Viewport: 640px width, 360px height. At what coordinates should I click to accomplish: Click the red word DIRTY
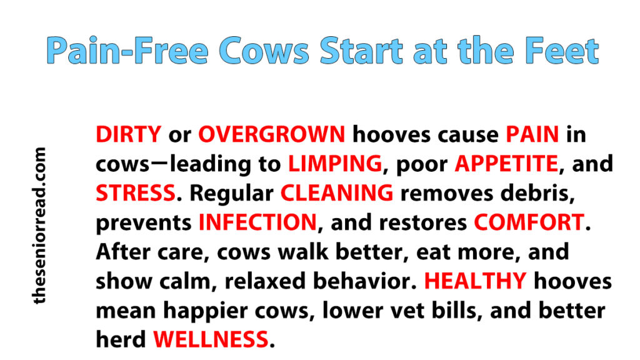(x=129, y=134)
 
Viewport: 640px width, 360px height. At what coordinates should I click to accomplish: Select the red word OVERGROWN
(x=272, y=134)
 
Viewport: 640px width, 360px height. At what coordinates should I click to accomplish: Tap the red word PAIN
(x=532, y=134)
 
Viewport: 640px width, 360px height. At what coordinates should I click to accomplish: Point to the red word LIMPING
(x=335, y=164)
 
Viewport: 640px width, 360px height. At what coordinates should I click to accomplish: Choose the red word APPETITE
(x=506, y=164)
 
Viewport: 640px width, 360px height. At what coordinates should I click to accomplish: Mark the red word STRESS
(x=136, y=193)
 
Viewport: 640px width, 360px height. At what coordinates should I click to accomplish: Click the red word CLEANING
(x=337, y=193)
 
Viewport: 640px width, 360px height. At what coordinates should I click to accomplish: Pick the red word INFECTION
(x=257, y=222)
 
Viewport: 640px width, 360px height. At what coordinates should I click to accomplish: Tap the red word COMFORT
(x=529, y=222)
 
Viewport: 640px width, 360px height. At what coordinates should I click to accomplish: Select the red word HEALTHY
(x=476, y=281)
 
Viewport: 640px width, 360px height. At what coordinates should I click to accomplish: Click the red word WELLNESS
(x=211, y=339)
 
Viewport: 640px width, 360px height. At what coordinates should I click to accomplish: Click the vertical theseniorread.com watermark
(x=39, y=226)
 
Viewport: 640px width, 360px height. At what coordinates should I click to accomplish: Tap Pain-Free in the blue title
(x=127, y=51)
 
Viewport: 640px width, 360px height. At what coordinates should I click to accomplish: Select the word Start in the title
(x=361, y=51)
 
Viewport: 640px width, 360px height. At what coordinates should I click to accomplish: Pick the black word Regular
(x=232, y=194)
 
